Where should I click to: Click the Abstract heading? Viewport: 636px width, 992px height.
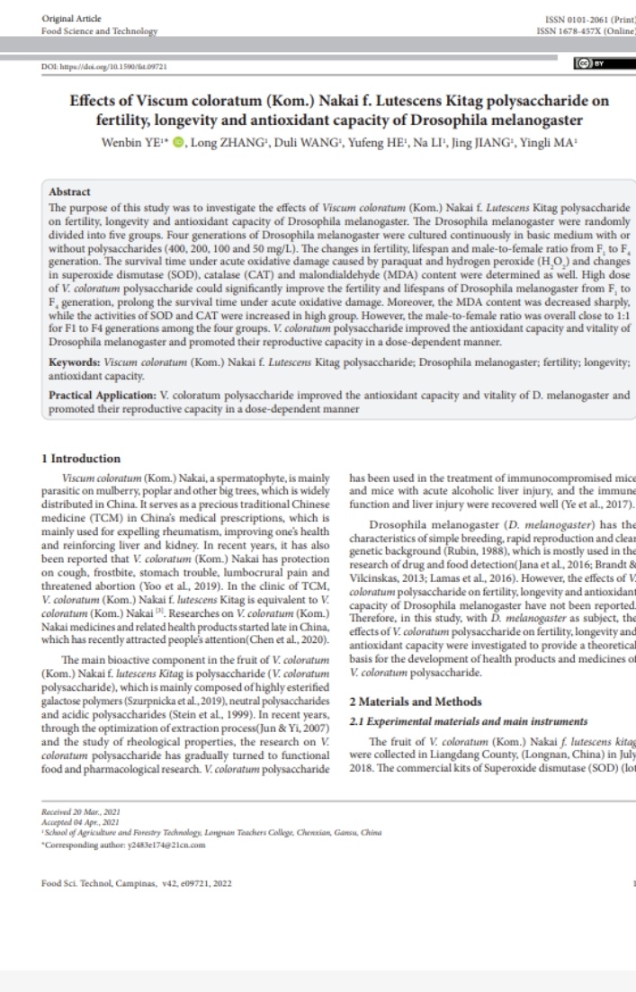click(x=70, y=192)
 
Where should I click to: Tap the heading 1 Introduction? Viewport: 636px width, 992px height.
click(x=81, y=459)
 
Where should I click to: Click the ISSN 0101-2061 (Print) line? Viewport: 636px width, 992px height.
click(x=584, y=19)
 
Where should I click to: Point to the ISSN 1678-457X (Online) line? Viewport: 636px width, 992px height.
click(x=584, y=31)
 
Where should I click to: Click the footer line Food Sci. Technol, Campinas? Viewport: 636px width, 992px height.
click(x=137, y=883)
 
